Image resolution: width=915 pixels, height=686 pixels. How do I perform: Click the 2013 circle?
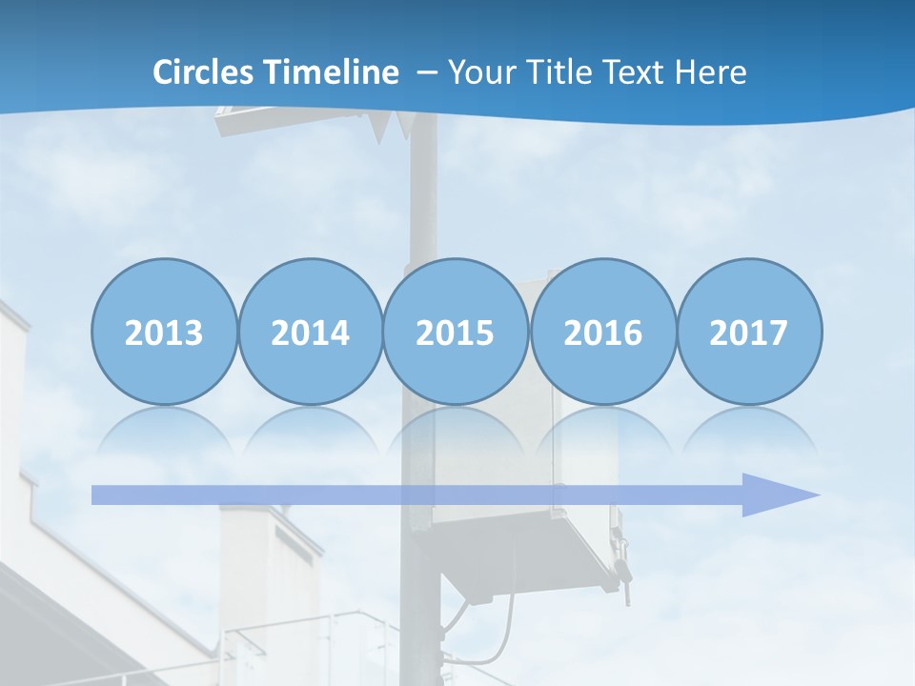pyautogui.click(x=164, y=332)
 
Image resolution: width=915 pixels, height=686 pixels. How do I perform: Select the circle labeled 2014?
pyautogui.click(x=310, y=332)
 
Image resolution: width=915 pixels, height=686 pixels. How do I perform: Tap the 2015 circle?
pyautogui.click(x=456, y=332)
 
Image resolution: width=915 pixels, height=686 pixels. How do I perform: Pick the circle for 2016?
pyautogui.click(x=602, y=332)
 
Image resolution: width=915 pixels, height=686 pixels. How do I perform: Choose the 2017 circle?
pyautogui.click(x=748, y=332)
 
